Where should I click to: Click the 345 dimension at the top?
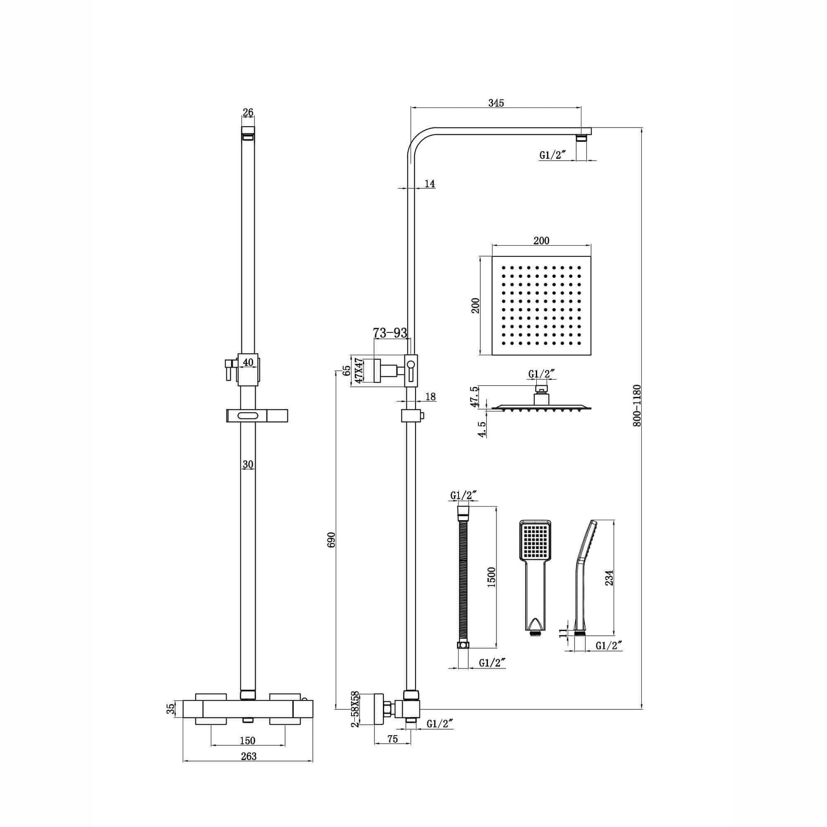point(496,103)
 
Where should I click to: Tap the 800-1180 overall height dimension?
point(637,405)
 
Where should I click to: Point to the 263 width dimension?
point(248,756)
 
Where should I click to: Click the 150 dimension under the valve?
point(248,741)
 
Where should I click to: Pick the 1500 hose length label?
point(491,577)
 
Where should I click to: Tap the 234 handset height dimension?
point(609,578)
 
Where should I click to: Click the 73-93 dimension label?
point(390,333)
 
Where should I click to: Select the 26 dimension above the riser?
point(248,112)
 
